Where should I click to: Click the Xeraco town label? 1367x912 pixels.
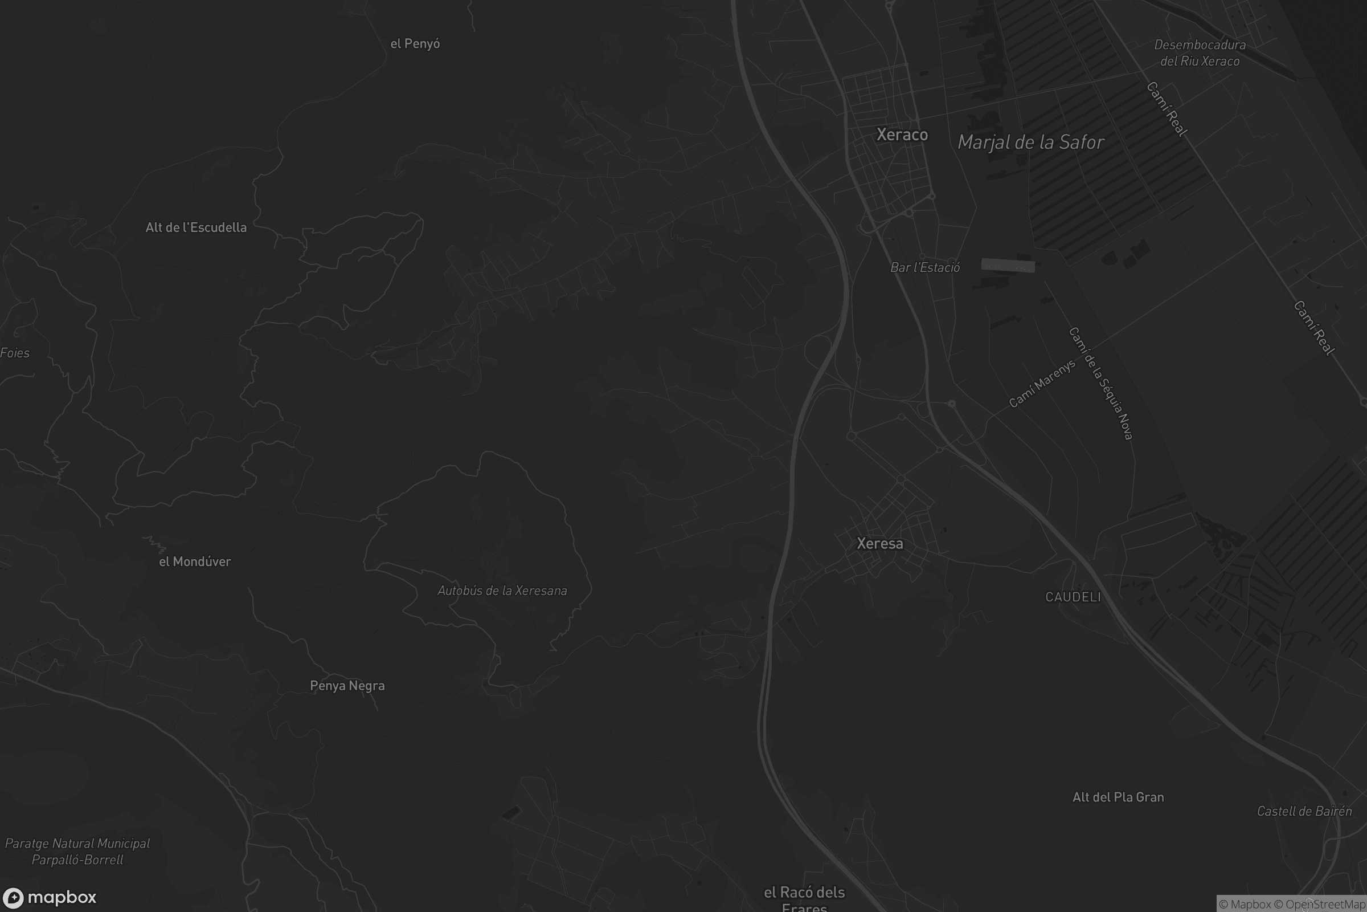(x=902, y=135)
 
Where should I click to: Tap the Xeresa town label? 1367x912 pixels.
(x=880, y=544)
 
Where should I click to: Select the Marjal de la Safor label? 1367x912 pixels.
(x=1030, y=142)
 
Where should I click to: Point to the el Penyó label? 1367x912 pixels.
(x=415, y=44)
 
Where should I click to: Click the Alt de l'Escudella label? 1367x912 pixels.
(x=196, y=227)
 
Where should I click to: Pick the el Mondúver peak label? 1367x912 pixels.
(x=195, y=562)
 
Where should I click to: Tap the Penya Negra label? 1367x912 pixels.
(x=347, y=686)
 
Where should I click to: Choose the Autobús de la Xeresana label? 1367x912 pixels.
(x=502, y=591)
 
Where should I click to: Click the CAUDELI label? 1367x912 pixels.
(x=1073, y=597)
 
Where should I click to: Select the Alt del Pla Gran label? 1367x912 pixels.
(x=1118, y=797)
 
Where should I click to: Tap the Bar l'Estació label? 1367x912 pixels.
(x=925, y=267)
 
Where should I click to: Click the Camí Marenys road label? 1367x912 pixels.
(x=1042, y=384)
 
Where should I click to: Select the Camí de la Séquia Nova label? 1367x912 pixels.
(x=1101, y=384)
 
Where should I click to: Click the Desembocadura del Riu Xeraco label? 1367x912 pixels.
(x=1200, y=53)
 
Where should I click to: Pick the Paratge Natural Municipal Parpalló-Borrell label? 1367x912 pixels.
(x=77, y=852)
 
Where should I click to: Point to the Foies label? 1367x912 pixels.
(x=15, y=353)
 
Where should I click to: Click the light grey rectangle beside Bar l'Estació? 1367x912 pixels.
(x=1008, y=266)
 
